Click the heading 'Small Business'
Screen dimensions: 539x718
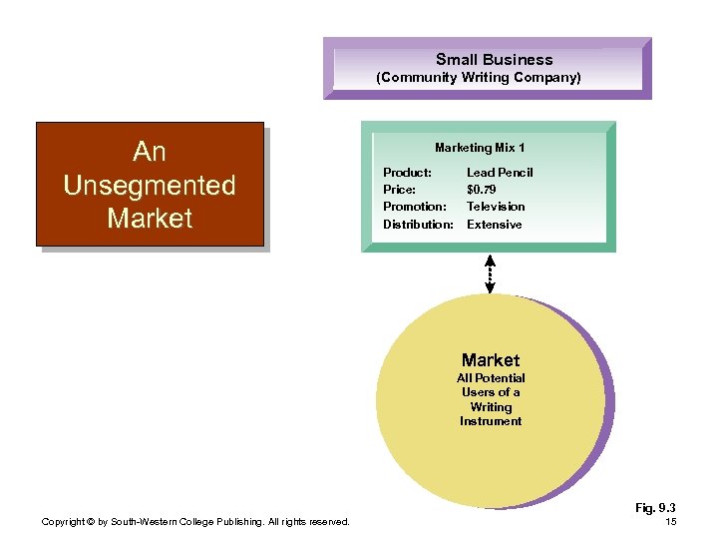(x=494, y=59)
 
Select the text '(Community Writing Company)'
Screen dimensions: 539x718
(x=478, y=77)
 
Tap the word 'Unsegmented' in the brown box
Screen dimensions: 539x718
(x=149, y=185)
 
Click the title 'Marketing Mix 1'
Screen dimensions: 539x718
(x=480, y=148)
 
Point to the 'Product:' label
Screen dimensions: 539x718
(x=407, y=173)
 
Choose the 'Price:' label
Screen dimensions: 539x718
(x=399, y=190)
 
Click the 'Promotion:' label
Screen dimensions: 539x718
(x=414, y=207)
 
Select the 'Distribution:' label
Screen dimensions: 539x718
(x=418, y=225)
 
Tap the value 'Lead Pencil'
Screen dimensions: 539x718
(x=500, y=173)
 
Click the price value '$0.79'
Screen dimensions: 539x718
(x=481, y=190)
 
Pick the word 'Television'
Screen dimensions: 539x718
(x=496, y=207)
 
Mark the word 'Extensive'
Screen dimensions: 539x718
(x=494, y=225)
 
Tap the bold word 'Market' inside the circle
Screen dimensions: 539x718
(x=491, y=359)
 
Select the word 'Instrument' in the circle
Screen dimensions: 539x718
(x=491, y=421)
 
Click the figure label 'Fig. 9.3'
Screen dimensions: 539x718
(x=655, y=508)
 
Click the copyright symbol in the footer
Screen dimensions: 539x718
(x=90, y=522)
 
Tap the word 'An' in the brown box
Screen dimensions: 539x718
(x=149, y=152)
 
